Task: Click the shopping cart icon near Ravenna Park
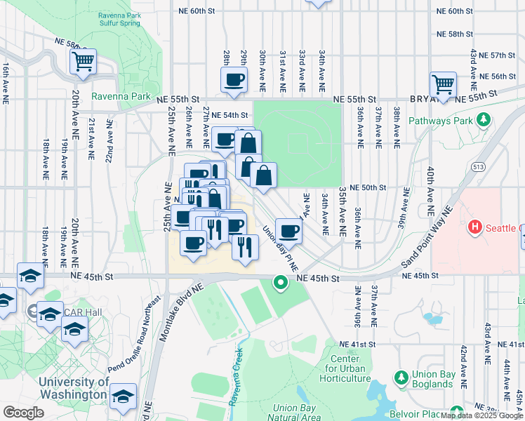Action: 83,61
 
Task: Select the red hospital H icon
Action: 475,228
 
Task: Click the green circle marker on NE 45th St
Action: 280,283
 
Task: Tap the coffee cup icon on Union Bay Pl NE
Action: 288,231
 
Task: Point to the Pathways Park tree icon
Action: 483,121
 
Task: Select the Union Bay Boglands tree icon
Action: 401,378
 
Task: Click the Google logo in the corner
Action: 23,413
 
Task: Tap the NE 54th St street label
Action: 230,114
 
